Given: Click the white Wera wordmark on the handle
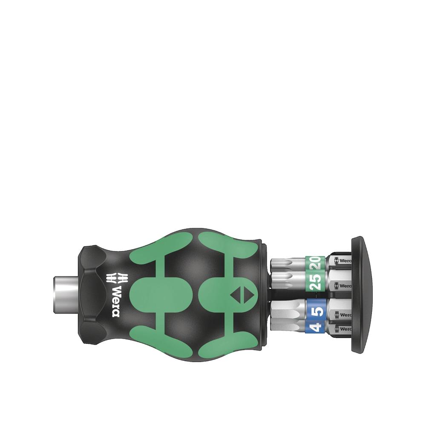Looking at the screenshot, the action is coord(116,300).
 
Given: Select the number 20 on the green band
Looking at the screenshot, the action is coord(317,262).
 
